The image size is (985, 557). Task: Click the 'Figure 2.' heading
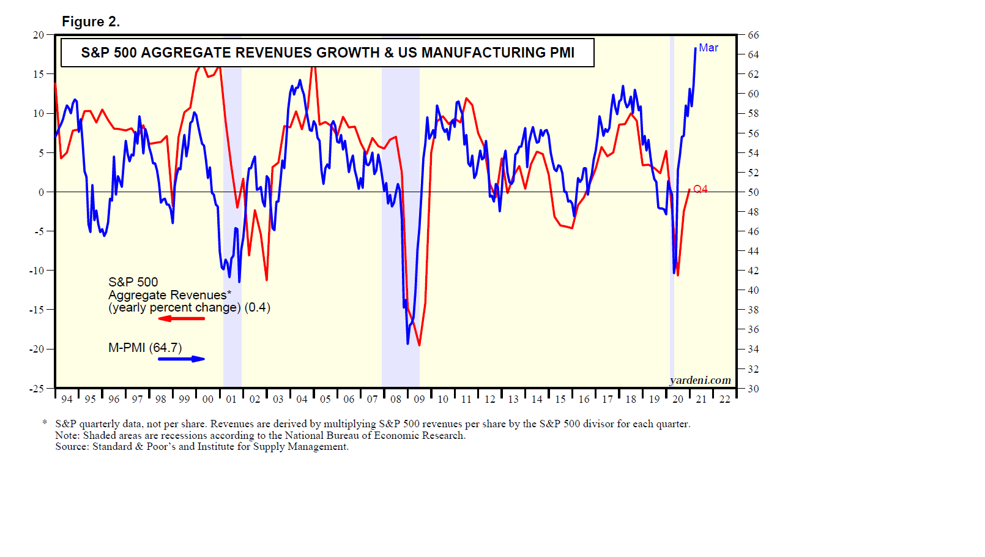pyautogui.click(x=91, y=22)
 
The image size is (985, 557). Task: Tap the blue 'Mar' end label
pyautogui.click(x=708, y=48)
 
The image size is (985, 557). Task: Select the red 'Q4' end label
pyautogui.click(x=701, y=189)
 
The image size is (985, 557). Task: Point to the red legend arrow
pyautogui.click(x=181, y=318)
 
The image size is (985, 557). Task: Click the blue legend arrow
pyautogui.click(x=181, y=359)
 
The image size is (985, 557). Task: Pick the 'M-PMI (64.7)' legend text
pyautogui.click(x=145, y=348)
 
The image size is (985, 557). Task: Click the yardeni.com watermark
pyautogui.click(x=701, y=380)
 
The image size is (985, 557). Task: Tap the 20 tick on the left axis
pyautogui.click(x=39, y=35)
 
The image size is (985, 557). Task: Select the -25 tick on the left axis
pyautogui.click(x=37, y=389)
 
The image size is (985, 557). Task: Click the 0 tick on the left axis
pyautogui.click(x=41, y=192)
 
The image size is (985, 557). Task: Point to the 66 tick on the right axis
pyautogui.click(x=753, y=36)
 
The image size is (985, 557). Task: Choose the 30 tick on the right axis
pyautogui.click(x=753, y=389)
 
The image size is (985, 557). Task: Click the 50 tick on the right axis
pyautogui.click(x=753, y=192)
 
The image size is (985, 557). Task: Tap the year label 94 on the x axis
pyautogui.click(x=67, y=399)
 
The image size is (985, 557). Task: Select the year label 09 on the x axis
pyautogui.click(x=419, y=399)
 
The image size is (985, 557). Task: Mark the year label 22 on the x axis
pyautogui.click(x=725, y=399)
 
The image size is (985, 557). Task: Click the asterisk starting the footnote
pyautogui.click(x=45, y=423)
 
